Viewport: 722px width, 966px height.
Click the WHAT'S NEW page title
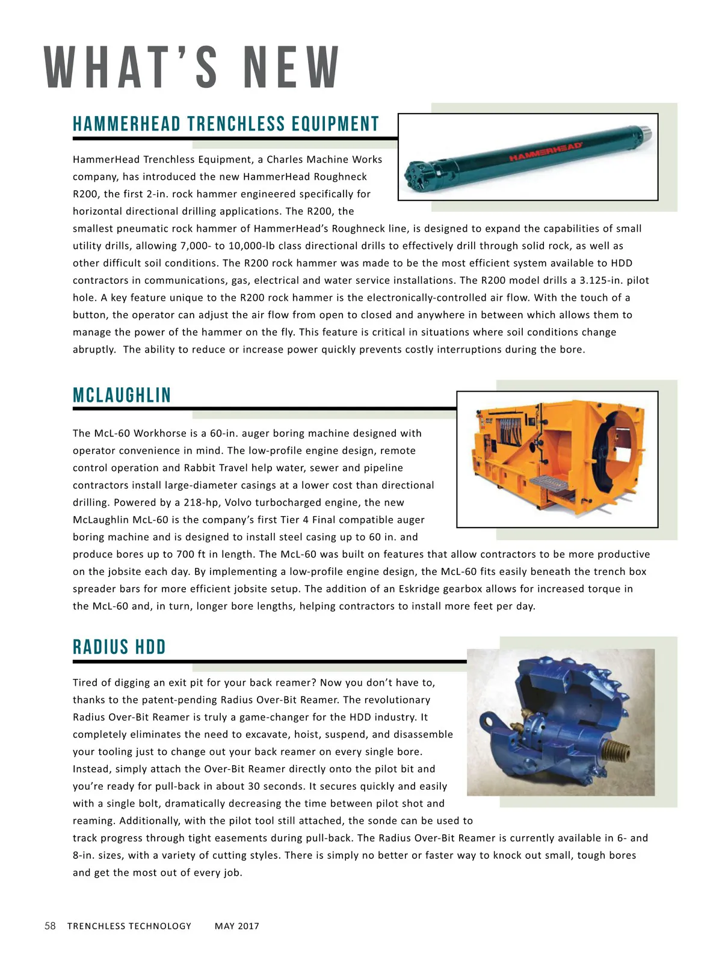point(192,67)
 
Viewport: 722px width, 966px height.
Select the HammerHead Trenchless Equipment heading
point(226,124)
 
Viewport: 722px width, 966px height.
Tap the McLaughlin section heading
point(122,395)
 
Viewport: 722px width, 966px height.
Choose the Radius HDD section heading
point(119,647)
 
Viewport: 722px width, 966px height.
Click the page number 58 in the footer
point(50,926)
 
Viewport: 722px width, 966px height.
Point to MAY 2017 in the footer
point(237,926)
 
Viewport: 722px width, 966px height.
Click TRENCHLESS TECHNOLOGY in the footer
point(129,926)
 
